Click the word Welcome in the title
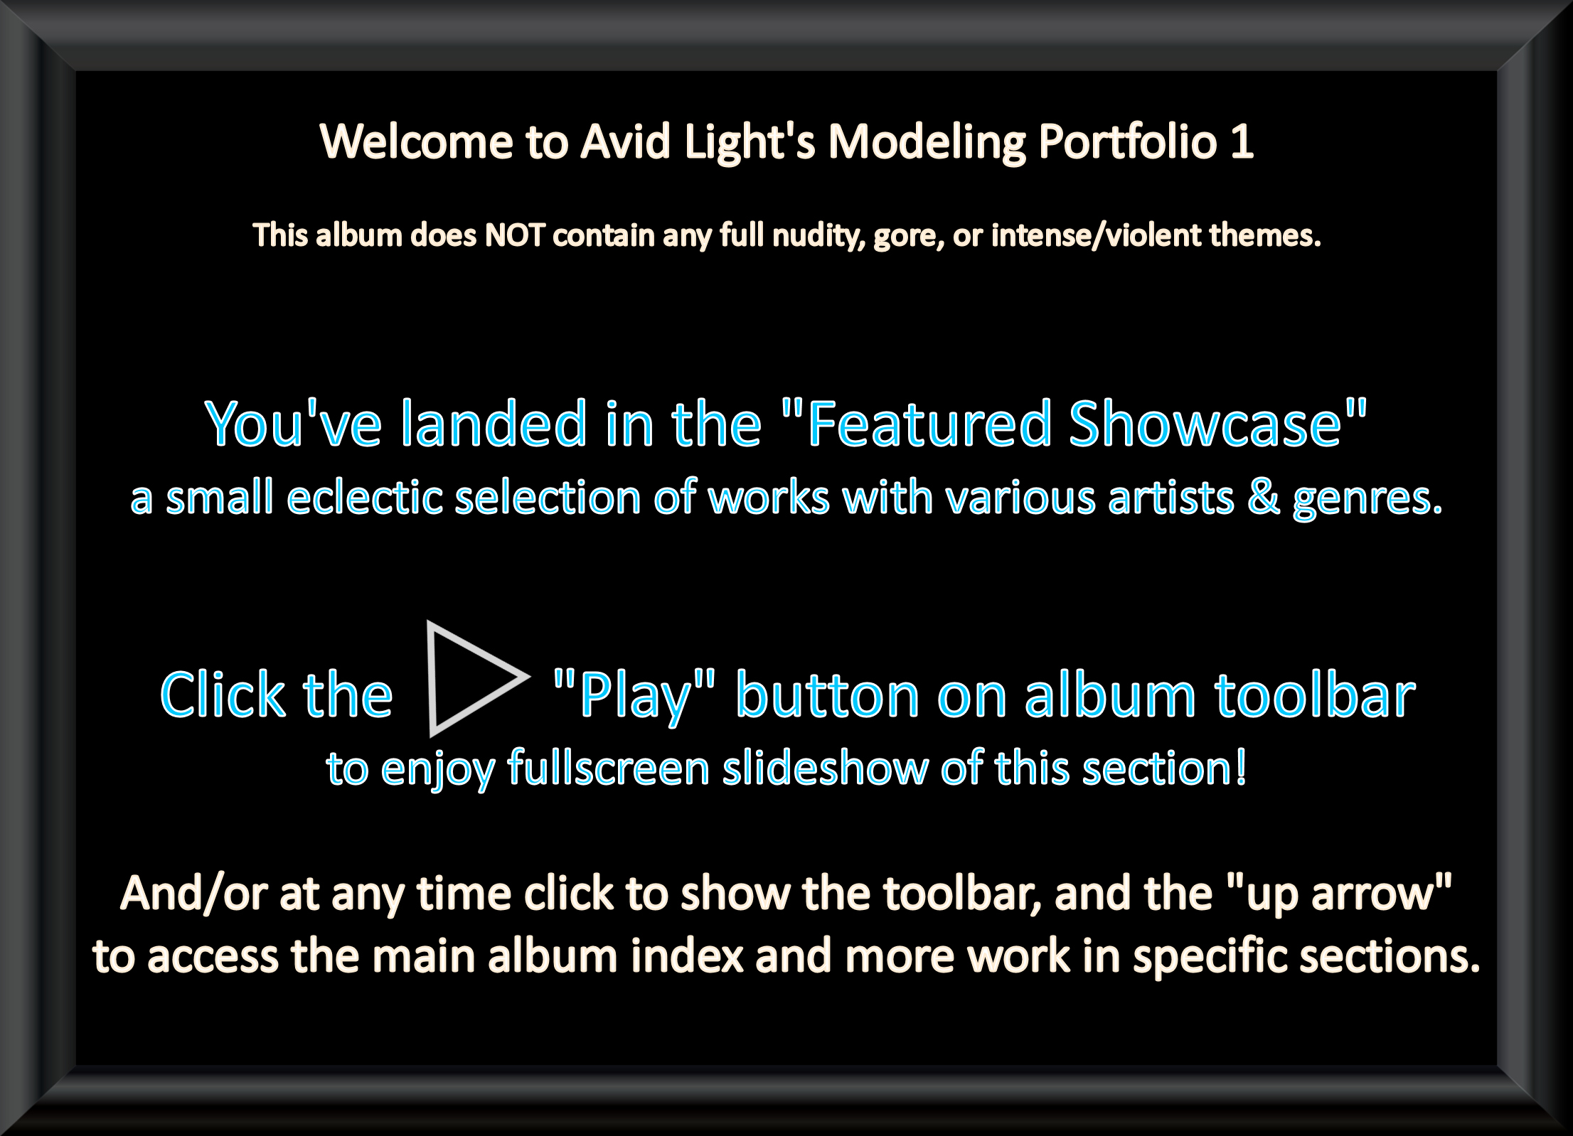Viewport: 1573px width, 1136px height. point(417,141)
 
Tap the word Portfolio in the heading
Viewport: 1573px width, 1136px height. point(1128,141)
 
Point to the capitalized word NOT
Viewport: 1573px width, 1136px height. point(516,235)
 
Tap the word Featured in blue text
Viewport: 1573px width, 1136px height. point(929,424)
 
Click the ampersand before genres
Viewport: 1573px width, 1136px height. point(1263,498)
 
